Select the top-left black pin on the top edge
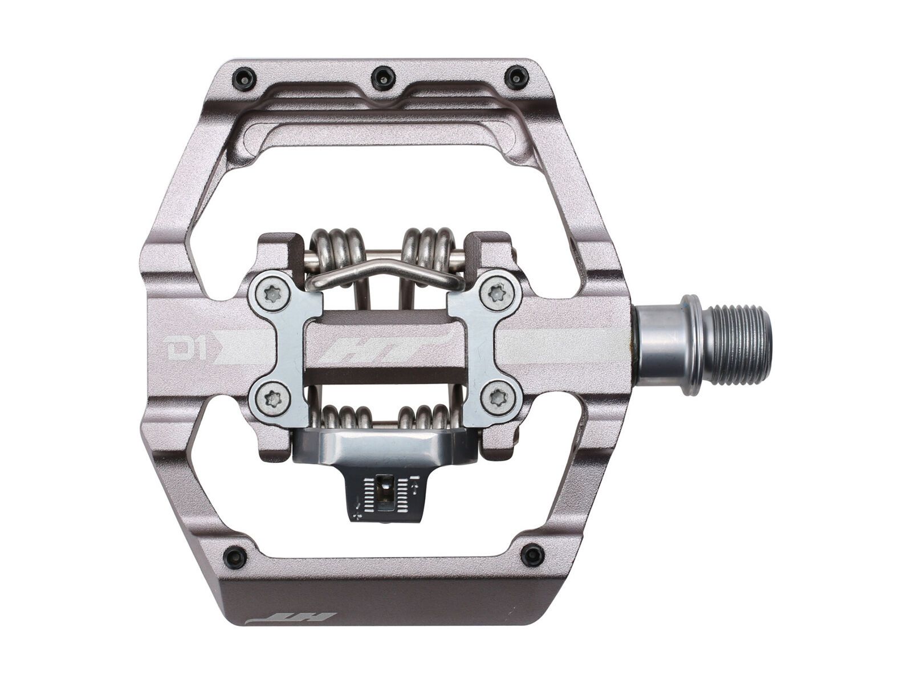click(x=245, y=78)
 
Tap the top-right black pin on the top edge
click(x=517, y=76)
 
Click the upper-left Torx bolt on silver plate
click(x=272, y=293)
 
